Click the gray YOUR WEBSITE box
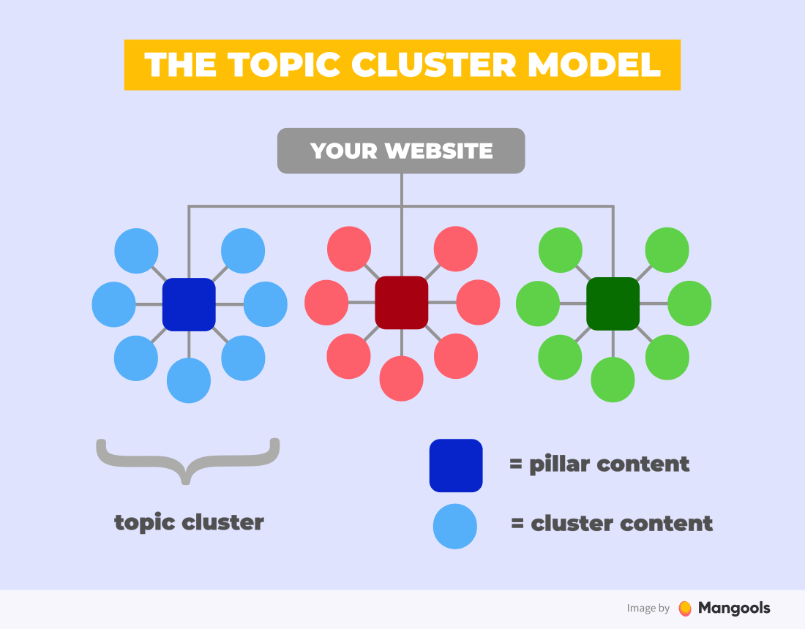(401, 151)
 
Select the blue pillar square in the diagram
(189, 304)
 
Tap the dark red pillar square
(401, 303)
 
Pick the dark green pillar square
(613, 303)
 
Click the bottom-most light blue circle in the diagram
(189, 380)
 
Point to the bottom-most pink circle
(401, 379)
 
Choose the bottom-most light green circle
(613, 380)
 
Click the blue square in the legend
(456, 465)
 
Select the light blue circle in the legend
(455, 526)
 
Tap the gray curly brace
(188, 459)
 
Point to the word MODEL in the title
(594, 64)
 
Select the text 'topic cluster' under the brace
(189, 522)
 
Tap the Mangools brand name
(734, 608)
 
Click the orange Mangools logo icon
(685, 609)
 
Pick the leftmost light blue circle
(114, 304)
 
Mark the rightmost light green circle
(689, 304)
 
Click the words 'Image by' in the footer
(648, 609)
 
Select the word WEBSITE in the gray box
(439, 151)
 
